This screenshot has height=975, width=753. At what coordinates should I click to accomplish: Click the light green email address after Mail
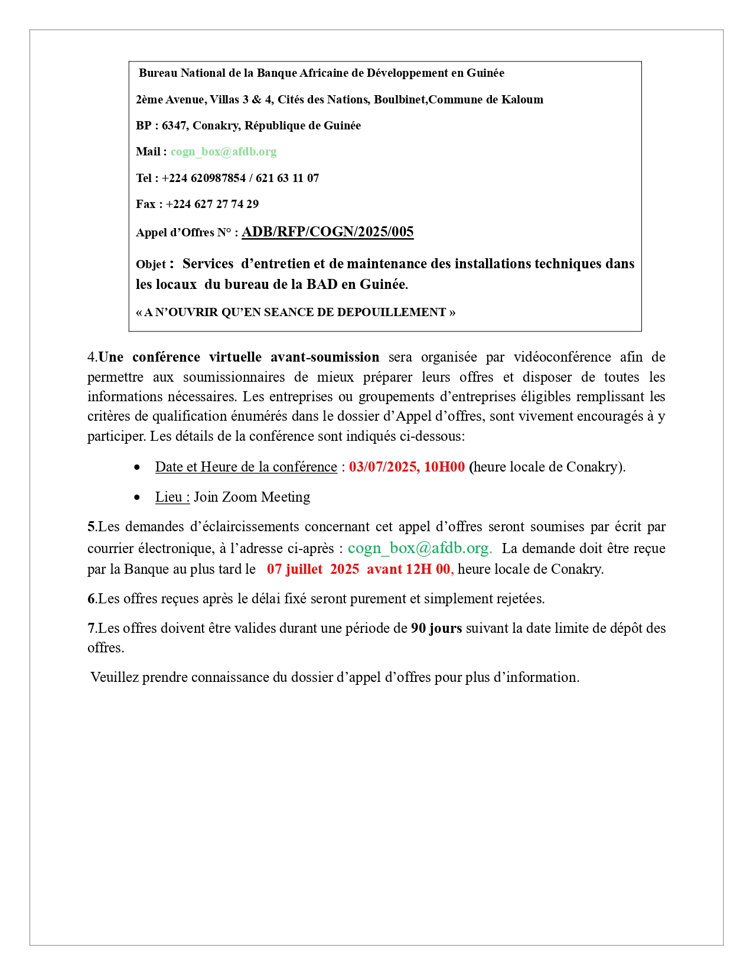(x=223, y=152)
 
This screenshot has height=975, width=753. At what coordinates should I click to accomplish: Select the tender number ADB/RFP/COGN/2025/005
(x=328, y=232)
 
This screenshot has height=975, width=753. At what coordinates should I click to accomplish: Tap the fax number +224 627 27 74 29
(x=212, y=204)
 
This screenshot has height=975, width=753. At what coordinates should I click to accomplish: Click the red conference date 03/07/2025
(x=383, y=467)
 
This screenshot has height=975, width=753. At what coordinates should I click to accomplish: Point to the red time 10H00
(x=444, y=467)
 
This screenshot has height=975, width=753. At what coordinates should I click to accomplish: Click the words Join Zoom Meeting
(x=252, y=498)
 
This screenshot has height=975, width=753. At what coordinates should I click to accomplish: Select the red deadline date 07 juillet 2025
(x=313, y=569)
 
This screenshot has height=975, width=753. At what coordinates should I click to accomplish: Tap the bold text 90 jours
(x=436, y=628)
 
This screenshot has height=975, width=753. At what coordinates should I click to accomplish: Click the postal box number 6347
(x=174, y=126)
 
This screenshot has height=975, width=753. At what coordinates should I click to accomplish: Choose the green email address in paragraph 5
(x=419, y=548)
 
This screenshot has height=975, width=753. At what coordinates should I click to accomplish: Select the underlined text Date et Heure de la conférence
(x=246, y=467)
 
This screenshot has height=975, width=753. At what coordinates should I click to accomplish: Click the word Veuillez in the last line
(x=115, y=678)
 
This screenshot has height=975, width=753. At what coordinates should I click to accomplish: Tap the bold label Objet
(x=151, y=265)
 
